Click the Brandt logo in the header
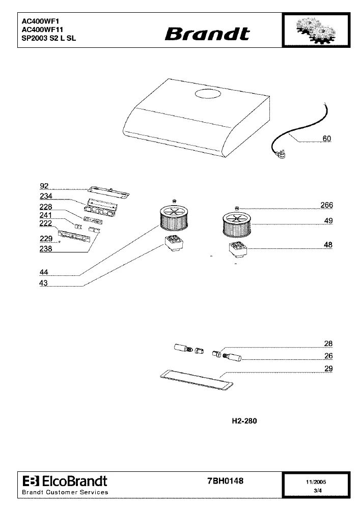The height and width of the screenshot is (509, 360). point(207,34)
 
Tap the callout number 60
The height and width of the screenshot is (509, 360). point(326,138)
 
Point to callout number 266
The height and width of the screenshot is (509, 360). point(326,205)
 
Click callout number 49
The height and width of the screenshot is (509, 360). point(328,220)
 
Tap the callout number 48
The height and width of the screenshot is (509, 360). point(328,245)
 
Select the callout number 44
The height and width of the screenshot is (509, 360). point(44,272)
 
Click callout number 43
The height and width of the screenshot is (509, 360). point(43,283)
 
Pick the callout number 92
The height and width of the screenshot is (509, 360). point(44,186)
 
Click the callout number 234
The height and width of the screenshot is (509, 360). point(46,196)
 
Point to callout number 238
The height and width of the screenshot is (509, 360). point(46,249)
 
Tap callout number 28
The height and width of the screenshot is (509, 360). point(328,344)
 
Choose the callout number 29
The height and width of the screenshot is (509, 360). point(328,369)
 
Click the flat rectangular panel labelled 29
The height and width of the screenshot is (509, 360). point(197,379)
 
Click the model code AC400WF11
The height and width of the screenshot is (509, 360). point(43,30)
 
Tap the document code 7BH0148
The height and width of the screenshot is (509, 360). point(225,481)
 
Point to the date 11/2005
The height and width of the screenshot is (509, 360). point(316,482)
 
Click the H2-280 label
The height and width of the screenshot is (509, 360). point(244,421)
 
